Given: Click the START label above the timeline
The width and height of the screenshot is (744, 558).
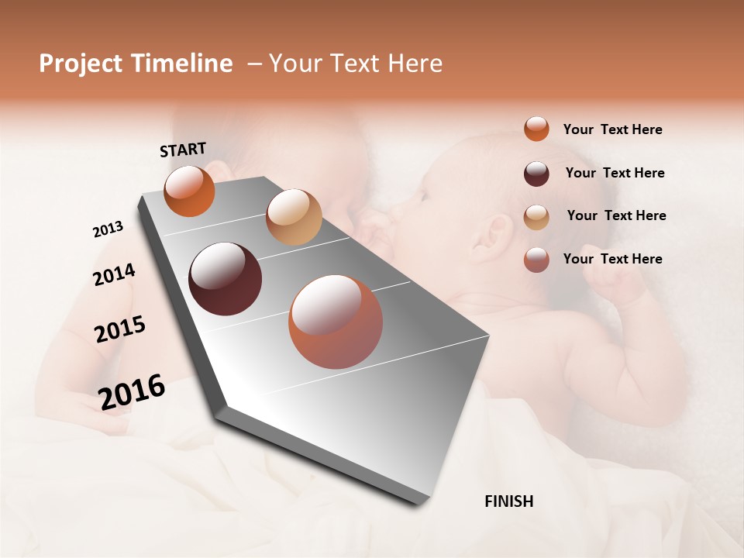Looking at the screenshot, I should [183, 150].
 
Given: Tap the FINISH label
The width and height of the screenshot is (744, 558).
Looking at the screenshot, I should [508, 501].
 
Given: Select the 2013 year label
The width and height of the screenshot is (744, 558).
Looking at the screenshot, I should [108, 229].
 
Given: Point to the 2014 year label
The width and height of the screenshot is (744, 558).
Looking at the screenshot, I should [114, 275].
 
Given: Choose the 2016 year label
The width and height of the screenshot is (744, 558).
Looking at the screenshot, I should [132, 391].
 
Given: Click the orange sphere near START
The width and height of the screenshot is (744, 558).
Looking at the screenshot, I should [189, 191].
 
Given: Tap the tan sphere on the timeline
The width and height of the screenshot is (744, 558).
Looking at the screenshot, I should [294, 216].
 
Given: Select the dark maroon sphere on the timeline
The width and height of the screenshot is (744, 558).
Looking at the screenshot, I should [226, 279].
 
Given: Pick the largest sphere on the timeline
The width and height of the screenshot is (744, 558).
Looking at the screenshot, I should [336, 322].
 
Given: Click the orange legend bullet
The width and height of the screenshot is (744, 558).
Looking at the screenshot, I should [536, 129].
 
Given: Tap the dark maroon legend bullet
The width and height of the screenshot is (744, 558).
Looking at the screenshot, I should [536, 173].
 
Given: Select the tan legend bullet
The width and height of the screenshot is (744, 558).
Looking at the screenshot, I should [536, 216].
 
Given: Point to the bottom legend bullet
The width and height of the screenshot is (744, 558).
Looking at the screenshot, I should [536, 260].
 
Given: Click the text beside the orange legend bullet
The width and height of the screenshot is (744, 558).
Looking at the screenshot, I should [612, 129].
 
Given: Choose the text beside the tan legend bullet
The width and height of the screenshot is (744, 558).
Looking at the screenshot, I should [616, 215].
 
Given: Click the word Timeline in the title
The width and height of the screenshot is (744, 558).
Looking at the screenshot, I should [182, 64].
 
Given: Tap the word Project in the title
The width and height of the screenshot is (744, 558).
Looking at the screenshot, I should [81, 64].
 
